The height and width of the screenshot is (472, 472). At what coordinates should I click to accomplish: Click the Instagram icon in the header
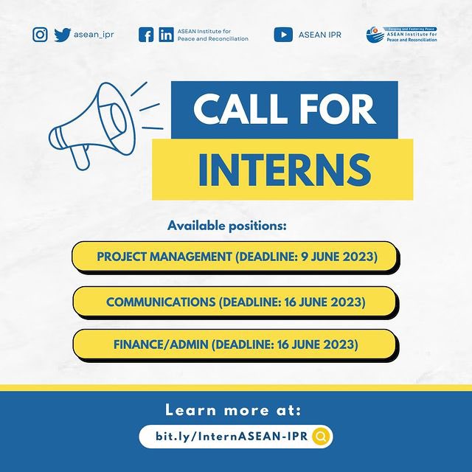[41, 35]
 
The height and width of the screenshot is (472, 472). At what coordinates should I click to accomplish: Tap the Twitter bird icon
[62, 35]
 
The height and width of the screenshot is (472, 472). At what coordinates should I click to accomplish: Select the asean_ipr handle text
[94, 35]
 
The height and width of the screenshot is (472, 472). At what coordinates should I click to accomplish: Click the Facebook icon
[147, 35]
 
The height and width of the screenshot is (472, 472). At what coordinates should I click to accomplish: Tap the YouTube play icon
[283, 35]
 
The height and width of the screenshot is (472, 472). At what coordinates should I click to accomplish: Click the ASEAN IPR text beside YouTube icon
[319, 35]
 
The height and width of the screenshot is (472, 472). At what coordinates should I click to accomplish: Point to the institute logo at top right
[402, 34]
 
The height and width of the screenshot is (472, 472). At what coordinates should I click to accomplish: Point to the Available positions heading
[226, 225]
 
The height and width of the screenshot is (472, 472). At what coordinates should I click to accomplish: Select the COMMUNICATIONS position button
[235, 302]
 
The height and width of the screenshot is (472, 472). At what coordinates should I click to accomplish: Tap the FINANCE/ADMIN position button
[235, 344]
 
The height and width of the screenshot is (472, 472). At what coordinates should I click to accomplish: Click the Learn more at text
[233, 410]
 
